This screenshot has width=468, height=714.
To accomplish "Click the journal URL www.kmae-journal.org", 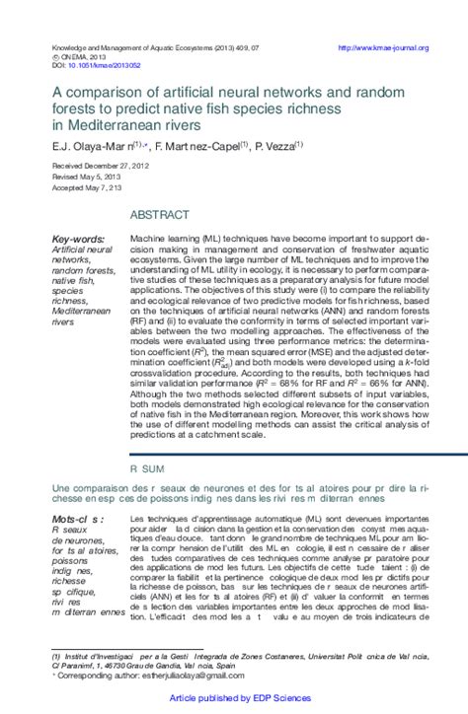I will (382, 47).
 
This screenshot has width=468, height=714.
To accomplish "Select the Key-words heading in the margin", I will (77, 239).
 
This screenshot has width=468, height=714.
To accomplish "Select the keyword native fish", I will (76, 280).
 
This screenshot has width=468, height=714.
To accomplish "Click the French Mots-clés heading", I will (79, 519).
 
